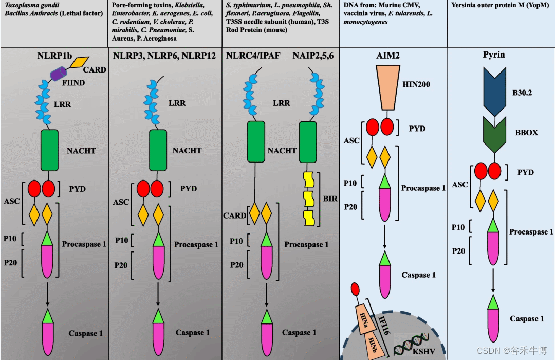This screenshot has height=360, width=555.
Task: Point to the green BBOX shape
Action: (494, 135)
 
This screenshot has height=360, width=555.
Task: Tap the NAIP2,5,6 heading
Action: (313, 55)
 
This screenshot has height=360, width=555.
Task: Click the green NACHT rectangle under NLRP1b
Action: (50, 150)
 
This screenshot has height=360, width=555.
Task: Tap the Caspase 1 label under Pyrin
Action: (527, 319)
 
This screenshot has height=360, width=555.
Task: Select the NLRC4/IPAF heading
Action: (253, 55)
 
